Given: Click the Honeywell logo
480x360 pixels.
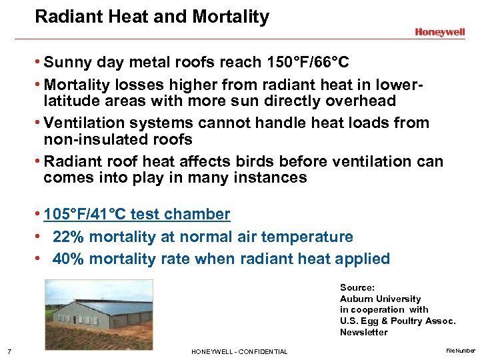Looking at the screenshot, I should [440, 31].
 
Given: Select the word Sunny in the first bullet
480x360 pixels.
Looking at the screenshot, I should [68, 63].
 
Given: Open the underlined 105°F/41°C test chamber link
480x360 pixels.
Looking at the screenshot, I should [137, 214].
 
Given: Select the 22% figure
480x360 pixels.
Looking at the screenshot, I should [67, 237].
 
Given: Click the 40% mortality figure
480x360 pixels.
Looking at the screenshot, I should [67, 259].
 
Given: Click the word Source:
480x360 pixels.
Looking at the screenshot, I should [357, 287].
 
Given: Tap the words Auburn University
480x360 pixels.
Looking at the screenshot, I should [380, 299].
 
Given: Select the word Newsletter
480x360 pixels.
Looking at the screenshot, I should [363, 332].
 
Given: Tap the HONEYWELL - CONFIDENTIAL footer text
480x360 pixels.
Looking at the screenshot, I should [239, 351].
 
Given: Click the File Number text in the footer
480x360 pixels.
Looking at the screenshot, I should [461, 350].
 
